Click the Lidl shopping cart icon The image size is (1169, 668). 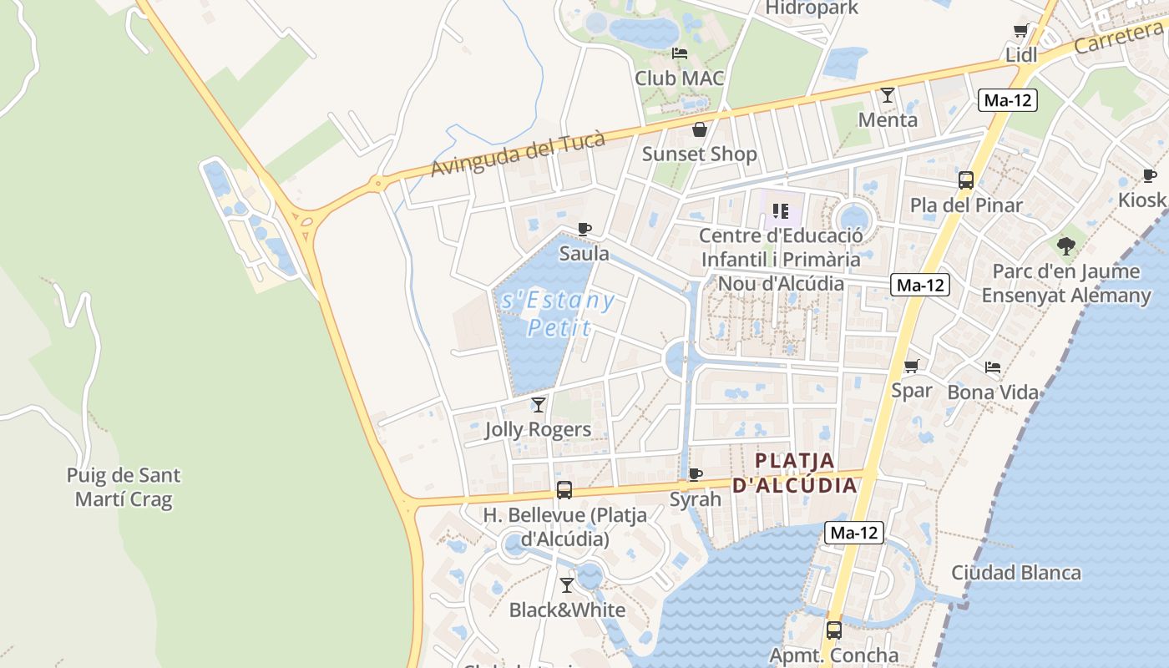1020,31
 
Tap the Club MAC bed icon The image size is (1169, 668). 680,53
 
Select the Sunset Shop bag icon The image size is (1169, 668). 700,129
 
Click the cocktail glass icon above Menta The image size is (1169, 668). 888,95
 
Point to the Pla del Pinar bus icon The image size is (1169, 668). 966,180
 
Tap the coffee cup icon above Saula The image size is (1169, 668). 584,229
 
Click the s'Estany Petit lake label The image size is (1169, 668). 558,313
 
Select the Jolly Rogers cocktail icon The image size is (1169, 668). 539,405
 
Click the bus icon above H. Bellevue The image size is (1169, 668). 564,490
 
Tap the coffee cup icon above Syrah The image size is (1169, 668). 695,474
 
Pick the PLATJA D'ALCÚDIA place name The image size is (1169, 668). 795,473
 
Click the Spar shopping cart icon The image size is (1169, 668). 912,366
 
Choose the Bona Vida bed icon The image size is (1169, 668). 993,367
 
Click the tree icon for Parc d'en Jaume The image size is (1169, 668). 1065,245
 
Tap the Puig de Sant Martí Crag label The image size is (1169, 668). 124,488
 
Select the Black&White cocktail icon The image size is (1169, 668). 567,585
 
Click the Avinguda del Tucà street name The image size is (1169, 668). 518,155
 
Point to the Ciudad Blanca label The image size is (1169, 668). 1016,573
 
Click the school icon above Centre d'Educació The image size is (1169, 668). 781,210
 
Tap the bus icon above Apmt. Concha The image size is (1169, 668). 833,630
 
